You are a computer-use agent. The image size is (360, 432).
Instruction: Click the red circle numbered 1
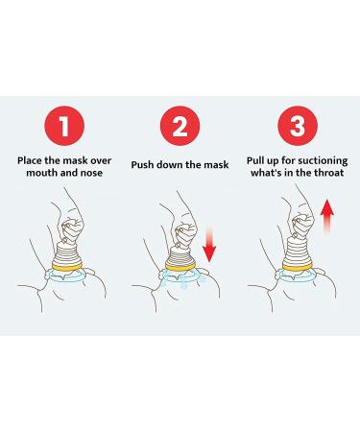[64, 126]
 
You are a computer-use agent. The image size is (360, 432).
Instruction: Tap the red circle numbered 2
[180, 126]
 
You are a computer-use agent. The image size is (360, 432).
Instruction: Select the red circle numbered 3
[298, 126]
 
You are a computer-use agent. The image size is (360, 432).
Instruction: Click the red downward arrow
[209, 245]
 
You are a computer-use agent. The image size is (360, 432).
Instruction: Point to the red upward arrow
[327, 216]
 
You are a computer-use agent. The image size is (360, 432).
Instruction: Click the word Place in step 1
[30, 160]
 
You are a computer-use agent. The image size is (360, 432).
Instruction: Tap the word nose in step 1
[92, 173]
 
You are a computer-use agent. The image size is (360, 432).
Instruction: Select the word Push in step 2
[142, 165]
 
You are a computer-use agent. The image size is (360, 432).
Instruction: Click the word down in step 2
[170, 165]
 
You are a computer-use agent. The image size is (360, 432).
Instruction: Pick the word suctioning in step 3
[321, 160]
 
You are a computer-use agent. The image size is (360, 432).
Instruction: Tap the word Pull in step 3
[256, 160]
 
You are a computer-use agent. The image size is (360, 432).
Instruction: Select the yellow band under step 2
[180, 265]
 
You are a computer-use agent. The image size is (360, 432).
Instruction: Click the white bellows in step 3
[298, 252]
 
